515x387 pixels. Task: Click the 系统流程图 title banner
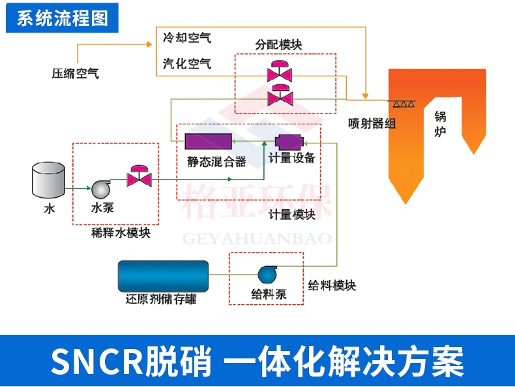click(x=61, y=18)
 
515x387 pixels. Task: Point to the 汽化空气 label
click(x=186, y=63)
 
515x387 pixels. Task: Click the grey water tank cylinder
click(x=49, y=181)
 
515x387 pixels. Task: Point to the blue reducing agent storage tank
click(x=163, y=276)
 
